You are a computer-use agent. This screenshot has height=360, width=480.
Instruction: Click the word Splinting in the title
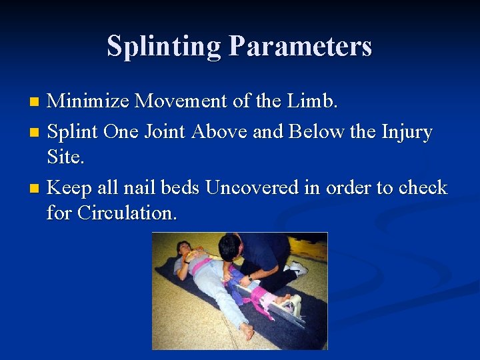tap(164, 47)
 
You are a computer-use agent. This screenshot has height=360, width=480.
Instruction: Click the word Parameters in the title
tap(300, 47)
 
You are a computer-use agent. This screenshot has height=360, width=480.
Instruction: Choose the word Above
tap(222, 132)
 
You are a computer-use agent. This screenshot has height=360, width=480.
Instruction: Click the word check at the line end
tap(422, 188)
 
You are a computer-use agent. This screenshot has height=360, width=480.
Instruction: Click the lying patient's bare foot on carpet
tap(247, 329)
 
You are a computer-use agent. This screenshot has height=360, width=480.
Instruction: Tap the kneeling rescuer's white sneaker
tap(297, 268)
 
